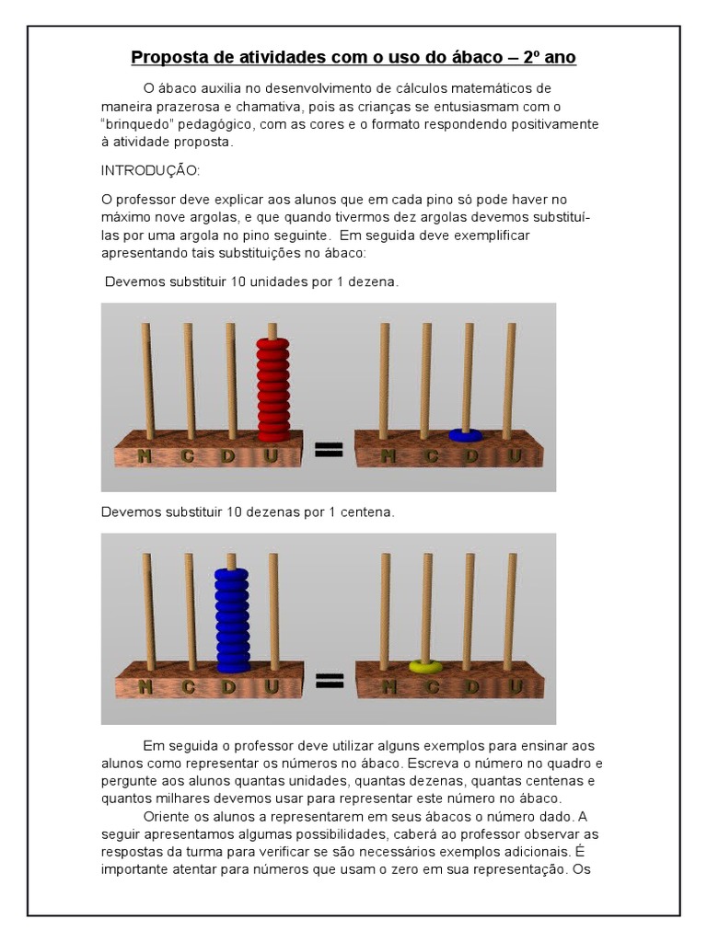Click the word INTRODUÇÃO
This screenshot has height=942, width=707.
pos(150,171)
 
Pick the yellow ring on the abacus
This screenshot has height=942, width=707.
pos(425,665)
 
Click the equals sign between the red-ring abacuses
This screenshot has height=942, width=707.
pos(330,449)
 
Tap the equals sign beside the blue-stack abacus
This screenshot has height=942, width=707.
pos(330,681)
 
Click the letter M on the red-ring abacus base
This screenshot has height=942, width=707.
pos(145,454)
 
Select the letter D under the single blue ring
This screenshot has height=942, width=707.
pos(471,455)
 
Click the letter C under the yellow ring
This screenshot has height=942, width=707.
pos(430,686)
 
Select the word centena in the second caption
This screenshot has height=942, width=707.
pos(367,512)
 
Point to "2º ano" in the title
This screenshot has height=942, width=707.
pos(550,58)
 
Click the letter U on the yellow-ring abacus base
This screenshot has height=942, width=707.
pos(515,686)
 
